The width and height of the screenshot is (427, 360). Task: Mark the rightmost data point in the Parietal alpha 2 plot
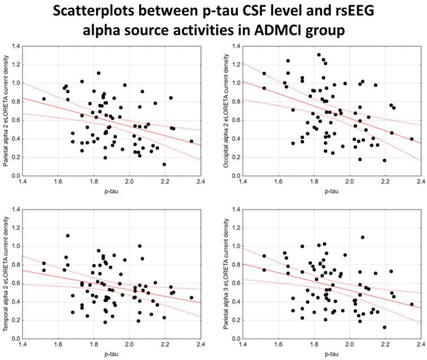pyautogui.click(x=191, y=141)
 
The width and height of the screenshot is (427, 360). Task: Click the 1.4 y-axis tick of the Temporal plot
pyautogui.click(x=11, y=210)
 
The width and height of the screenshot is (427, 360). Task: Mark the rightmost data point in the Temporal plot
pyautogui.click(x=191, y=297)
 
